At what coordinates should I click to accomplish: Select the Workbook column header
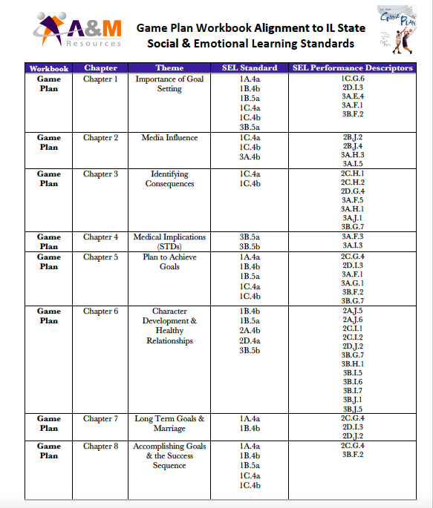(x=49, y=68)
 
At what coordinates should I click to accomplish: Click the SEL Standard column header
(x=250, y=68)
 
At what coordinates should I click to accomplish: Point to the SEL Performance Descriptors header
(x=353, y=68)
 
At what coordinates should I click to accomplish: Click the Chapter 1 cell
(x=100, y=79)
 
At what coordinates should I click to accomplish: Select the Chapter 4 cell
(x=100, y=237)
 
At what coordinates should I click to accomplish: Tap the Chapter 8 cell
(x=100, y=446)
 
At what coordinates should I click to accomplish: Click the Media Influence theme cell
(x=169, y=138)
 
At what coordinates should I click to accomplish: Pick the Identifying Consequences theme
(x=169, y=179)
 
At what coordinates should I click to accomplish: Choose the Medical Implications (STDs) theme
(x=169, y=242)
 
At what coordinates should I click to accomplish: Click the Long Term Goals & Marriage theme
(x=169, y=423)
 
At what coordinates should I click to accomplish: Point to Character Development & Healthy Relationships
(x=169, y=326)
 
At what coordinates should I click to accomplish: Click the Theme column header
(x=169, y=68)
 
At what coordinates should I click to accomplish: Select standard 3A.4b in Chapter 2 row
(x=250, y=157)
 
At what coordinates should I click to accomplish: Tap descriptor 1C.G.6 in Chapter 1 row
(x=353, y=78)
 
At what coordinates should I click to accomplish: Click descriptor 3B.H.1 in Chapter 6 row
(x=353, y=364)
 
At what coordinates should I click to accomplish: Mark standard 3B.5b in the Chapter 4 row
(x=250, y=247)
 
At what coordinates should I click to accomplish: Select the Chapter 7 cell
(x=100, y=419)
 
